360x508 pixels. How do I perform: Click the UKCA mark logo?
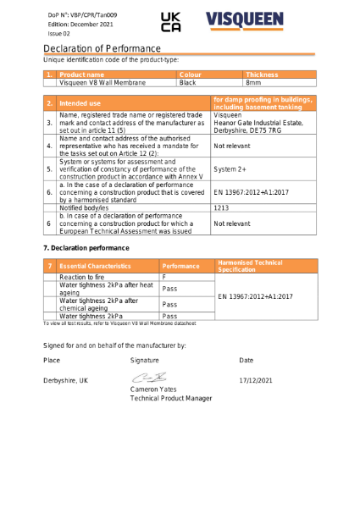click(x=170, y=23)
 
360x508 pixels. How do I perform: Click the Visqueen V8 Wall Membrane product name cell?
click(x=102, y=83)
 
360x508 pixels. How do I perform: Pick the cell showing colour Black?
click(x=188, y=83)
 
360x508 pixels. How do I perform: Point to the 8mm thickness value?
click(x=253, y=83)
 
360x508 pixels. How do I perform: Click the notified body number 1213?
click(x=221, y=207)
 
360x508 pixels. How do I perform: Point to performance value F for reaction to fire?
click(x=164, y=277)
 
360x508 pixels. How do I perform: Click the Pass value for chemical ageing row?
click(x=169, y=304)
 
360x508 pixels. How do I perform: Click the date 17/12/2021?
click(x=256, y=380)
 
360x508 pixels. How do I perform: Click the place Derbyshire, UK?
click(x=65, y=380)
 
